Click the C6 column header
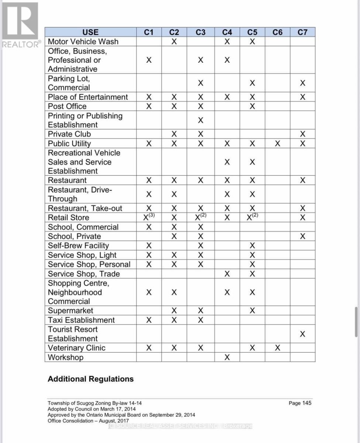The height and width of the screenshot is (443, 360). (277, 32)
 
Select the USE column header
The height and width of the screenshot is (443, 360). (90, 32)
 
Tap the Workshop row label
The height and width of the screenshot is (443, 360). (66, 357)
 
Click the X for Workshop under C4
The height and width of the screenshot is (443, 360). (227, 357)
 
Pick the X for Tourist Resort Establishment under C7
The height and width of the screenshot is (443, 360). (302, 334)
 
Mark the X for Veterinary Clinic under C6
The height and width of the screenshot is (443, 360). (277, 348)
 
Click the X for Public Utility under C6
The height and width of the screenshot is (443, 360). (277, 143)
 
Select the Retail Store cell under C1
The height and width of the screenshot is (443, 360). (149, 217)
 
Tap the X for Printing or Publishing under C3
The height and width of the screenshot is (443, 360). (200, 120)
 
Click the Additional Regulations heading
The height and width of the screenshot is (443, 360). (90, 379)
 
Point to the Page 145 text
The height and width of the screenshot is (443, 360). (300, 403)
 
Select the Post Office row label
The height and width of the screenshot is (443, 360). (67, 106)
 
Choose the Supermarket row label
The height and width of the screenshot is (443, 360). (71, 310)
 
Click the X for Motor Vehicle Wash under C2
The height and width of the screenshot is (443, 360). (174, 41)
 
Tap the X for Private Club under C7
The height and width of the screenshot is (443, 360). (302, 134)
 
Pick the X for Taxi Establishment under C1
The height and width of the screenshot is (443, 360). (149, 320)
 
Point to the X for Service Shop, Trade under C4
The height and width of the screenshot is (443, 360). (227, 274)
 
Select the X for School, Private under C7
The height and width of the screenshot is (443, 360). (302, 236)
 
